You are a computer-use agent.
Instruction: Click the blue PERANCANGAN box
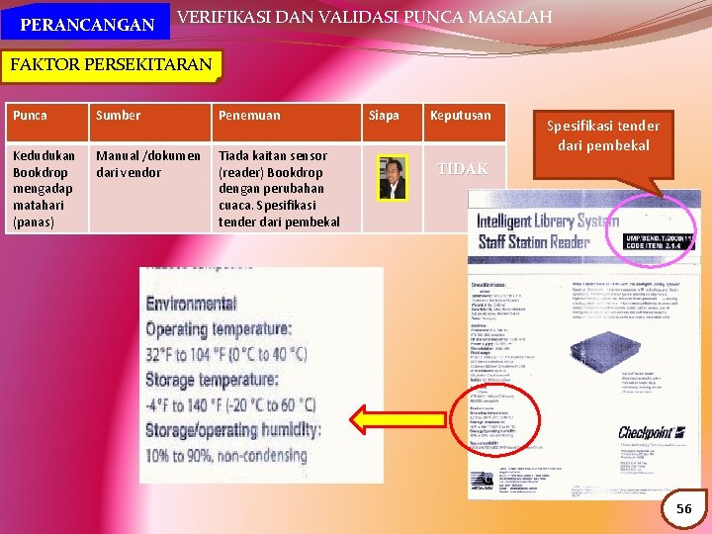(x=86, y=23)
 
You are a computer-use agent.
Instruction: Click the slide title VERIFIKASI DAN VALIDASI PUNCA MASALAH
(x=364, y=17)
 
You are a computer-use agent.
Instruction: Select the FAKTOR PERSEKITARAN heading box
(x=111, y=66)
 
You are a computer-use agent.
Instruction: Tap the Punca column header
(x=31, y=116)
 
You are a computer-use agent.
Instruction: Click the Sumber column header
(x=118, y=116)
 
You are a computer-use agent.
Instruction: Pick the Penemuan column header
(x=249, y=116)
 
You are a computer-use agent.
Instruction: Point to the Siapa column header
(x=384, y=116)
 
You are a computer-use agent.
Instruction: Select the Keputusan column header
(x=460, y=116)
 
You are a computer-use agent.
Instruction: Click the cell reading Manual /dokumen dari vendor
(x=148, y=163)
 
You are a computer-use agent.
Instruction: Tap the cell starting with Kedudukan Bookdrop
(x=44, y=188)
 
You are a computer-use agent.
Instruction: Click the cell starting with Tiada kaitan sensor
(x=279, y=188)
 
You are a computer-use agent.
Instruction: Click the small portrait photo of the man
(x=393, y=178)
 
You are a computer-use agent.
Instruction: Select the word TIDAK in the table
(x=463, y=169)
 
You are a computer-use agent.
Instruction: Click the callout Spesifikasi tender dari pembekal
(x=603, y=136)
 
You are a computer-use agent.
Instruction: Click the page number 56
(x=684, y=508)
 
